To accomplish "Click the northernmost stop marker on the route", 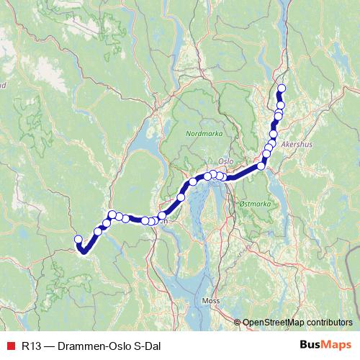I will tap(282, 89).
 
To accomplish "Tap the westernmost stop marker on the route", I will tap(78, 239).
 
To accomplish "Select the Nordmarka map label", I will tap(204, 134).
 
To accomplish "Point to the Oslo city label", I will tap(225, 161).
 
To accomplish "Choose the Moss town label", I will tap(211, 300).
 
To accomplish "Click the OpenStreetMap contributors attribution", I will tap(297, 322).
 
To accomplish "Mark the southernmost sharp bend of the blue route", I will tap(83, 252).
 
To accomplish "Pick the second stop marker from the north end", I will tap(281, 105).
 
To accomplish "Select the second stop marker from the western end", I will tap(98, 231).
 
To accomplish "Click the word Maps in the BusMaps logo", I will tap(335, 344).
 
